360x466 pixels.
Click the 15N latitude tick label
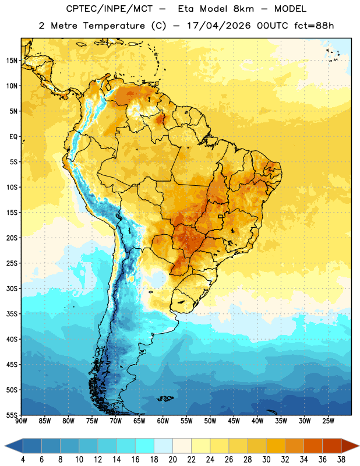[12, 61]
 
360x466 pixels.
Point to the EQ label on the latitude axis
[13, 137]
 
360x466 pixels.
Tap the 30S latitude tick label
[12, 288]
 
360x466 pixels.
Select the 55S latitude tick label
[12, 415]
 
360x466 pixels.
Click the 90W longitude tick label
[21, 421]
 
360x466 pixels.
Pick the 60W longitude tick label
[163, 421]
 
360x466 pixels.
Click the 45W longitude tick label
[234, 421]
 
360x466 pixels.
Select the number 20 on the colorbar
[172, 460]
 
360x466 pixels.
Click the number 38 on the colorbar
[341, 460]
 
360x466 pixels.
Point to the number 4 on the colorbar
[23, 460]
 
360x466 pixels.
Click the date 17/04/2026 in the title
[219, 26]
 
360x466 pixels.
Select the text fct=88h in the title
[314, 26]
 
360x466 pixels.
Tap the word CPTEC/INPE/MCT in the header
[109, 9]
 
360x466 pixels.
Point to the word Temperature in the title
[114, 26]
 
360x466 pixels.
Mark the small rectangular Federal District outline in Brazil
[221, 216]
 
